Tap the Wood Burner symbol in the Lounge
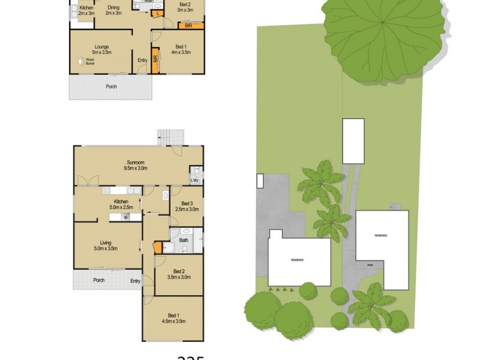click(80, 61)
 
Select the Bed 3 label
click(186, 206)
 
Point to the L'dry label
click(194, 181)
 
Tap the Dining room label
click(113, 10)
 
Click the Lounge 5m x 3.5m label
click(101, 49)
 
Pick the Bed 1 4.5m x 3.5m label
click(173, 319)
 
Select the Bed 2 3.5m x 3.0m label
click(178, 274)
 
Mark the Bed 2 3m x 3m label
click(185, 7)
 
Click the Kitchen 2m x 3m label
click(86, 10)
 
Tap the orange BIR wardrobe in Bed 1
click(156, 62)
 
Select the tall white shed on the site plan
click(353, 140)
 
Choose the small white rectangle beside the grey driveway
click(259, 180)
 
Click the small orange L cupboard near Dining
click(158, 13)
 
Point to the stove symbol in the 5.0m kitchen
click(127, 217)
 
